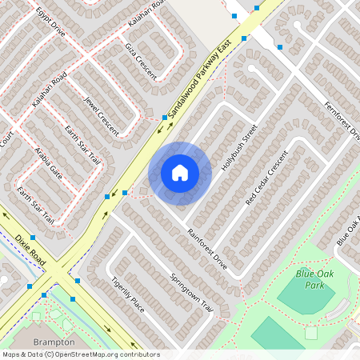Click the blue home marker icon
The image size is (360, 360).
point(180,172)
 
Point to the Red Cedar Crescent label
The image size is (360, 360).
point(266,178)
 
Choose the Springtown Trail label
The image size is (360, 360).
point(193,294)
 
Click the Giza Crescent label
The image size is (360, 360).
point(140,54)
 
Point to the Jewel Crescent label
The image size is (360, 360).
point(101,114)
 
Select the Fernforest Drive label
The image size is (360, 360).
point(342,121)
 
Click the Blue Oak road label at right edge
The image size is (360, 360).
point(348,232)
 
